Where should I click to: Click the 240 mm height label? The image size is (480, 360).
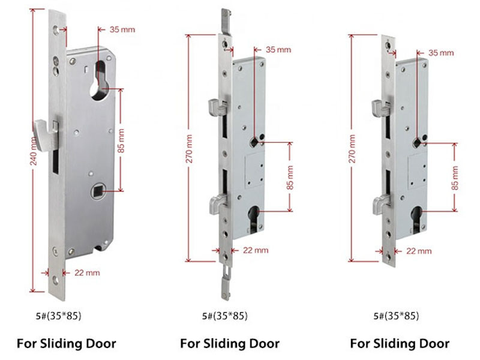(x=34, y=151)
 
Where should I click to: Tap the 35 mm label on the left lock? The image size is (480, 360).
(x=122, y=29)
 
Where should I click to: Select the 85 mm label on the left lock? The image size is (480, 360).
(x=121, y=141)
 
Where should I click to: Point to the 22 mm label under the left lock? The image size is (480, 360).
(x=87, y=272)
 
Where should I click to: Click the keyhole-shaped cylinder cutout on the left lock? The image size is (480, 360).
(x=100, y=80)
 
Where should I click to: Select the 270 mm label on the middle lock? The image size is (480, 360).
(x=189, y=148)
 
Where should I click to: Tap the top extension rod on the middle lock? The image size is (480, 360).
(x=226, y=22)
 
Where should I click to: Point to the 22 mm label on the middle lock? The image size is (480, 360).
(x=256, y=250)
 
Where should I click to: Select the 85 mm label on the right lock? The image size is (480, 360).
(x=455, y=178)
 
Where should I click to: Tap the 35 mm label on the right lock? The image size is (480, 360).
(x=441, y=53)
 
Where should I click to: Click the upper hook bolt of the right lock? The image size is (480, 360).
(x=380, y=108)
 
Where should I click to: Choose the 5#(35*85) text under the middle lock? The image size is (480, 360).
(x=224, y=316)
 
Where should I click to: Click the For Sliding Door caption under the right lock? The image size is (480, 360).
(x=400, y=343)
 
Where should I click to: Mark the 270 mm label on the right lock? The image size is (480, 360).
(x=352, y=148)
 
